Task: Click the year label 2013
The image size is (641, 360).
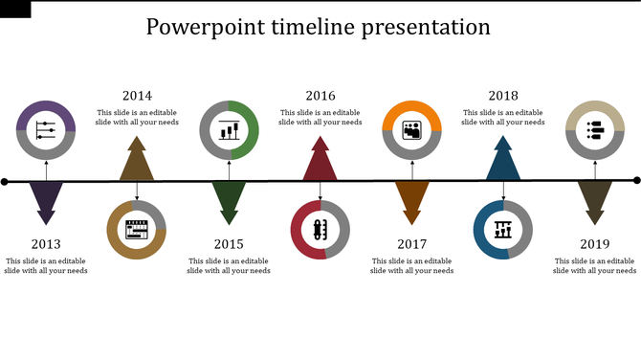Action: [x=45, y=244]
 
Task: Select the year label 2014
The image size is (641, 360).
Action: [x=137, y=96]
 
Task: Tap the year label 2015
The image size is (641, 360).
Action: [x=229, y=244]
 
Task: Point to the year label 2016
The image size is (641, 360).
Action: [x=320, y=96]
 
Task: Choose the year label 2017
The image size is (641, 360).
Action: [x=412, y=244]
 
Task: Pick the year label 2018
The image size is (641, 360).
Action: [x=503, y=96]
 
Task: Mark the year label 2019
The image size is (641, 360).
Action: [x=595, y=244]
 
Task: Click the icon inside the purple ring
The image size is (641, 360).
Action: [x=46, y=130]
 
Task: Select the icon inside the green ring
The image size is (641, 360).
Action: [x=229, y=130]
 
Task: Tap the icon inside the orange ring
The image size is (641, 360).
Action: [x=412, y=130]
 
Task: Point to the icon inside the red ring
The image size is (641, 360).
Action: [x=320, y=230]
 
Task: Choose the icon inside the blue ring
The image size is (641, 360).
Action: [x=503, y=230]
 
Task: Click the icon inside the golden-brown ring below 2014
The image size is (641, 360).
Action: [x=137, y=230]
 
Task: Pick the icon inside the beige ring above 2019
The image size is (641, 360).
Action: [x=595, y=130]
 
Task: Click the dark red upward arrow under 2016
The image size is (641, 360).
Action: [x=320, y=161]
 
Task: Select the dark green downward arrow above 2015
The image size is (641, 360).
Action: [x=229, y=201]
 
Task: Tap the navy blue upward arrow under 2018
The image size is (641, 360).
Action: [x=503, y=161]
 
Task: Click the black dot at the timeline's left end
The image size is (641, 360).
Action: [x=5, y=182]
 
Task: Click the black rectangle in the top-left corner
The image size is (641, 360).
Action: [x=15, y=9]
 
